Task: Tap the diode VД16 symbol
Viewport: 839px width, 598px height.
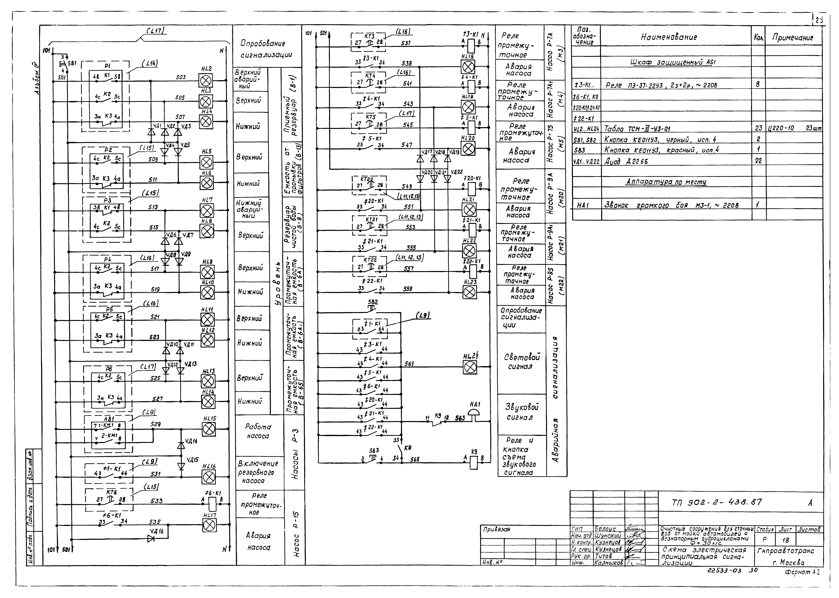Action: [151, 539]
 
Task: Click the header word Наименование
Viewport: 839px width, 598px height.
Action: [669, 37]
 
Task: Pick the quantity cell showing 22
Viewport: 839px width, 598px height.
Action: [758, 161]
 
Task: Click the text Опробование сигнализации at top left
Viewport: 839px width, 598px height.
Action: [267, 49]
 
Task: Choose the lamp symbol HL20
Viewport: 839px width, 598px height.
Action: [469, 149]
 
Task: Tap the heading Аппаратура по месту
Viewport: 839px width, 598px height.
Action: [666, 182]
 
